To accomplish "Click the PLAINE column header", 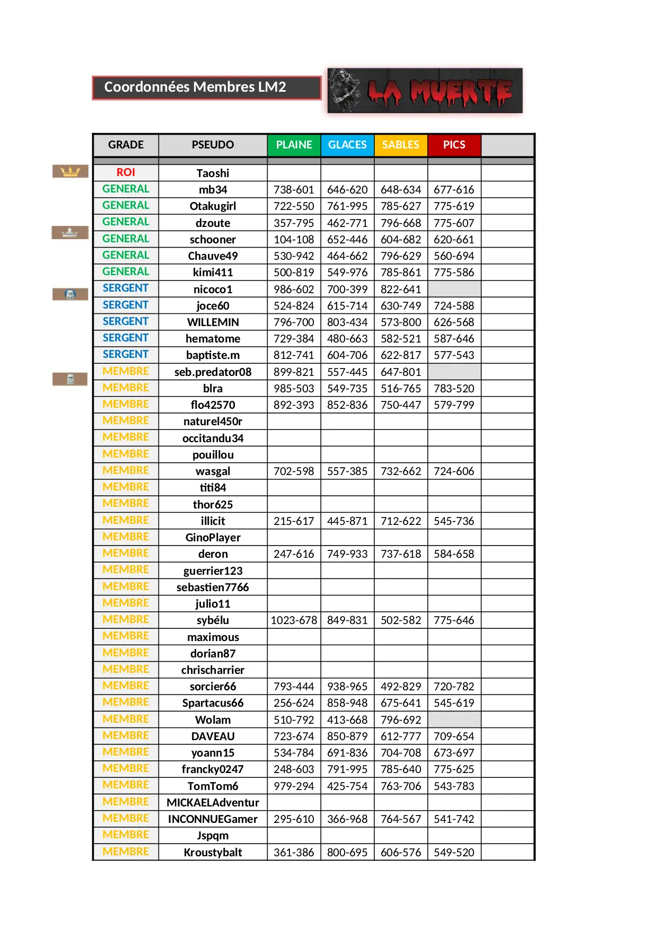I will pos(294,145).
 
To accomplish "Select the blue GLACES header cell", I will pos(347,145).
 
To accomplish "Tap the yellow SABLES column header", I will pos(401,145).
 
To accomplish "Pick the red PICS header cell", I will pos(454,145).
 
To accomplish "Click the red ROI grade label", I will pos(126,172).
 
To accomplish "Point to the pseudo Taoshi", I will pos(213,173).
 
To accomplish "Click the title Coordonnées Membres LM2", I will pos(195,87).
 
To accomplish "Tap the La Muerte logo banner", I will pos(425,91).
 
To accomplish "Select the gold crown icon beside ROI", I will pos(70,171).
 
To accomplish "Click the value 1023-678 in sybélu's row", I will pos(294,620).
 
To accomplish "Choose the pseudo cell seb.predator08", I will pos(213,372).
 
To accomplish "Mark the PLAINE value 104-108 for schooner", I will pos(294,240).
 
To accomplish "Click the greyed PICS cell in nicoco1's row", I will pos(454,289).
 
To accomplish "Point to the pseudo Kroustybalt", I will pos(213,853).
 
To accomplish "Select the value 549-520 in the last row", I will pos(454,853).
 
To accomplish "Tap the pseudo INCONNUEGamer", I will pos(213,819).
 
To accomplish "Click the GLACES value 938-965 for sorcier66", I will pos(347,687).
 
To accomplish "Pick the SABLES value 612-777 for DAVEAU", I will pos(401,736).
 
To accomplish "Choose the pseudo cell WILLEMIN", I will pos(213,322).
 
